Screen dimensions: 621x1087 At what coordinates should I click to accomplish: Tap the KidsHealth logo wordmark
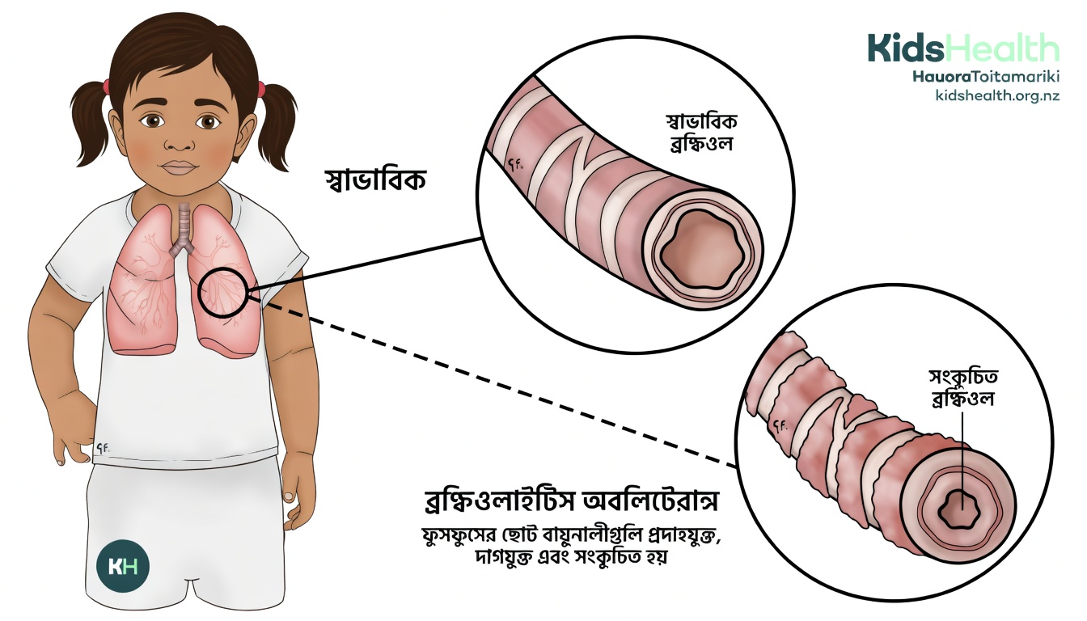click(x=962, y=49)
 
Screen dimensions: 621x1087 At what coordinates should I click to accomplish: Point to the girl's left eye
click(x=210, y=121)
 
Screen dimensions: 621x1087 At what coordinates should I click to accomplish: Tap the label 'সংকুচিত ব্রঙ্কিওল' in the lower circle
click(x=962, y=387)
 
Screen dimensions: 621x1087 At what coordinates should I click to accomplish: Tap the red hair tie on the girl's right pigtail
click(x=106, y=85)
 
